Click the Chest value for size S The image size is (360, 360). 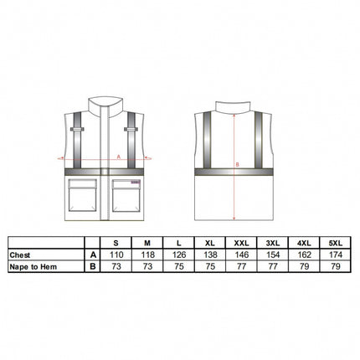(116, 255)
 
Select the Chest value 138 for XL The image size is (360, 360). (210, 255)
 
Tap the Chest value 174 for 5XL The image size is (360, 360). (336, 255)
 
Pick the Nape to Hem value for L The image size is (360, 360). (179, 266)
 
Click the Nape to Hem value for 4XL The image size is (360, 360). (304, 266)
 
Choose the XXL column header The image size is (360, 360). (241, 243)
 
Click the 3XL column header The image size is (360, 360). (273, 243)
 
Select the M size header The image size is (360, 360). (147, 243)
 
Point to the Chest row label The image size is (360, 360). (20, 255)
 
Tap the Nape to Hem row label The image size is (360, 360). (33, 267)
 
